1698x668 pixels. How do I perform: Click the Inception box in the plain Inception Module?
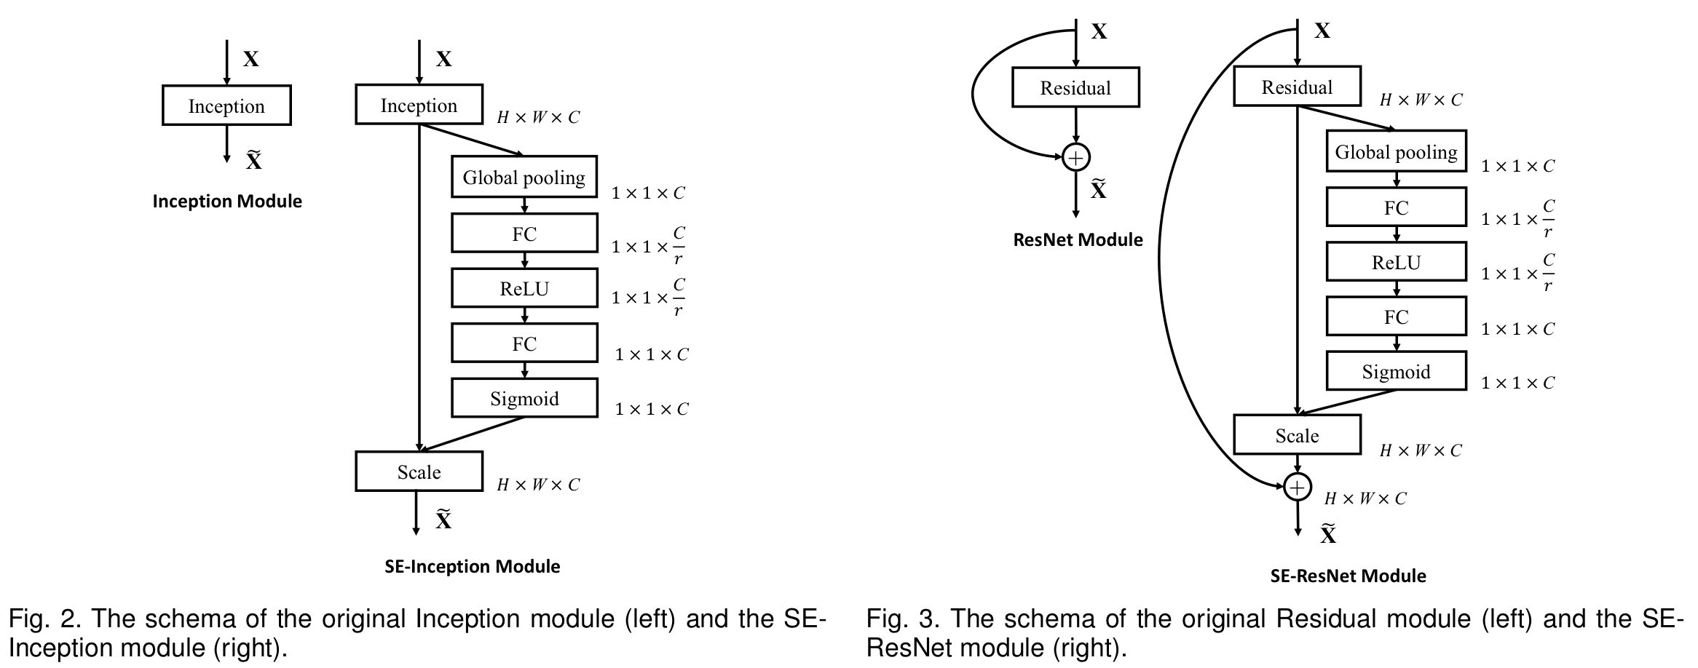click(226, 106)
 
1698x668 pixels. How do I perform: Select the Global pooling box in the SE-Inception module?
click(524, 177)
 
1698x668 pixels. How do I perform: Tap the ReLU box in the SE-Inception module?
click(524, 288)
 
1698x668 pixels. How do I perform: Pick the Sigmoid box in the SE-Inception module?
click(524, 398)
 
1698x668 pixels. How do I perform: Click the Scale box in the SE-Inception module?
click(419, 472)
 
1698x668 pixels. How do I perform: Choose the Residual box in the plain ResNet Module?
click(1075, 87)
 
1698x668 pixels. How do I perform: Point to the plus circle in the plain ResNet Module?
click(1075, 157)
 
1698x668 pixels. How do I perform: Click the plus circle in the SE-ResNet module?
click(1297, 487)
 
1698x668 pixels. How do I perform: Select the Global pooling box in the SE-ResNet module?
click(1396, 151)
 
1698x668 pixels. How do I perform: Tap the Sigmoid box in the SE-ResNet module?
click(1396, 371)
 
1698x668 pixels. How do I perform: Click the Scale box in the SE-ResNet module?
click(1297, 435)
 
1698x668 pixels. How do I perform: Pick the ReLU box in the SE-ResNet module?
click(1396, 262)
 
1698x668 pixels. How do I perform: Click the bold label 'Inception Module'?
click(227, 202)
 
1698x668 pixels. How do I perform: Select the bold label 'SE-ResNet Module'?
click(1348, 576)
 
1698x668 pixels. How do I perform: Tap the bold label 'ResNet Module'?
click(1078, 240)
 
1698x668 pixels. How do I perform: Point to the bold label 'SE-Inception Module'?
click(473, 567)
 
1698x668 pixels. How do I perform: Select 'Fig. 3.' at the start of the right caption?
click(900, 619)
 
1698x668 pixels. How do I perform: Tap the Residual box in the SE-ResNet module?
click(1297, 87)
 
